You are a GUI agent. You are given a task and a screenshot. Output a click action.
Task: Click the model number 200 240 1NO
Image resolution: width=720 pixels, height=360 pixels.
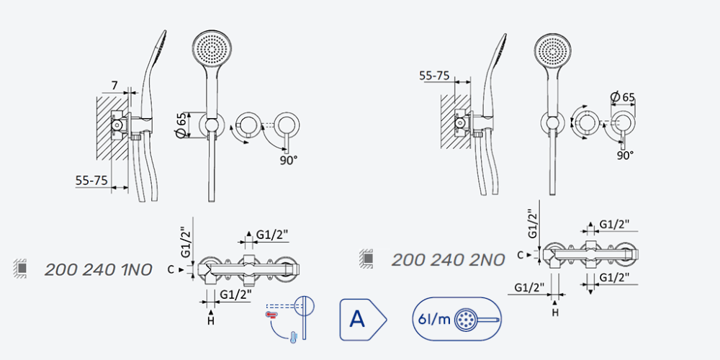tap(98, 270)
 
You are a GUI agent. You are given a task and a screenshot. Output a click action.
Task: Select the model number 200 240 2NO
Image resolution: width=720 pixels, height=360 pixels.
tap(448, 260)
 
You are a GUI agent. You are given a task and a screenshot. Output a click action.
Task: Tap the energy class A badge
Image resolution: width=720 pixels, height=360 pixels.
tap(363, 319)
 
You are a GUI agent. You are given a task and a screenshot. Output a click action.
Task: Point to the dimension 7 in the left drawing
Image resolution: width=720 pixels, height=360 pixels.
tap(114, 86)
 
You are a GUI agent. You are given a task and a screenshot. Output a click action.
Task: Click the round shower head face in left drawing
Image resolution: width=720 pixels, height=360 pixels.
tap(212, 49)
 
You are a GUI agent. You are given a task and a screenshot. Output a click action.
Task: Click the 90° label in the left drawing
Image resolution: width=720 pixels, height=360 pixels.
tap(289, 161)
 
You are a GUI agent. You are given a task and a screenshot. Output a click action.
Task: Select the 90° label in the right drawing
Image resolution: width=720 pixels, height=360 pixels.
tap(625, 156)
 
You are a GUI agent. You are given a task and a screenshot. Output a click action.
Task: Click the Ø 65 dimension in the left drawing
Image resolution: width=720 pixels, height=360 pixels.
tap(181, 125)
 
